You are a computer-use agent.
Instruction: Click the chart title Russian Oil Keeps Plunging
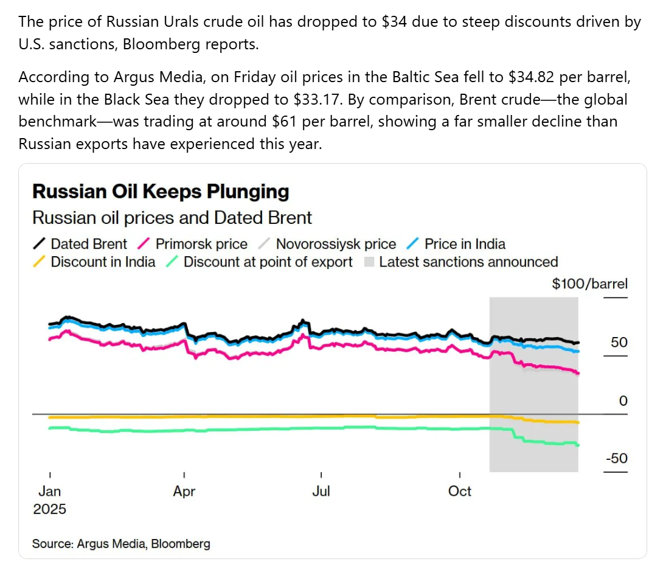(x=161, y=192)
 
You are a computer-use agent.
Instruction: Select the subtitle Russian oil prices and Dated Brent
(x=172, y=218)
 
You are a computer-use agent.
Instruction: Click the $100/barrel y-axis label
(x=589, y=283)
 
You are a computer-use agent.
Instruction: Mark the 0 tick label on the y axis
(x=622, y=401)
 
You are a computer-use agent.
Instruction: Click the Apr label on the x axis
(x=184, y=491)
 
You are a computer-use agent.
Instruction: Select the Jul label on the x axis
(x=321, y=491)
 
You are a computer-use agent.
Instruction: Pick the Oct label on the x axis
(x=459, y=491)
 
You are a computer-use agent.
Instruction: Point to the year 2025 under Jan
(x=49, y=509)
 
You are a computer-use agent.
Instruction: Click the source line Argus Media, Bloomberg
(x=121, y=544)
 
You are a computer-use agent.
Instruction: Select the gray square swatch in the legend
(x=369, y=262)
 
